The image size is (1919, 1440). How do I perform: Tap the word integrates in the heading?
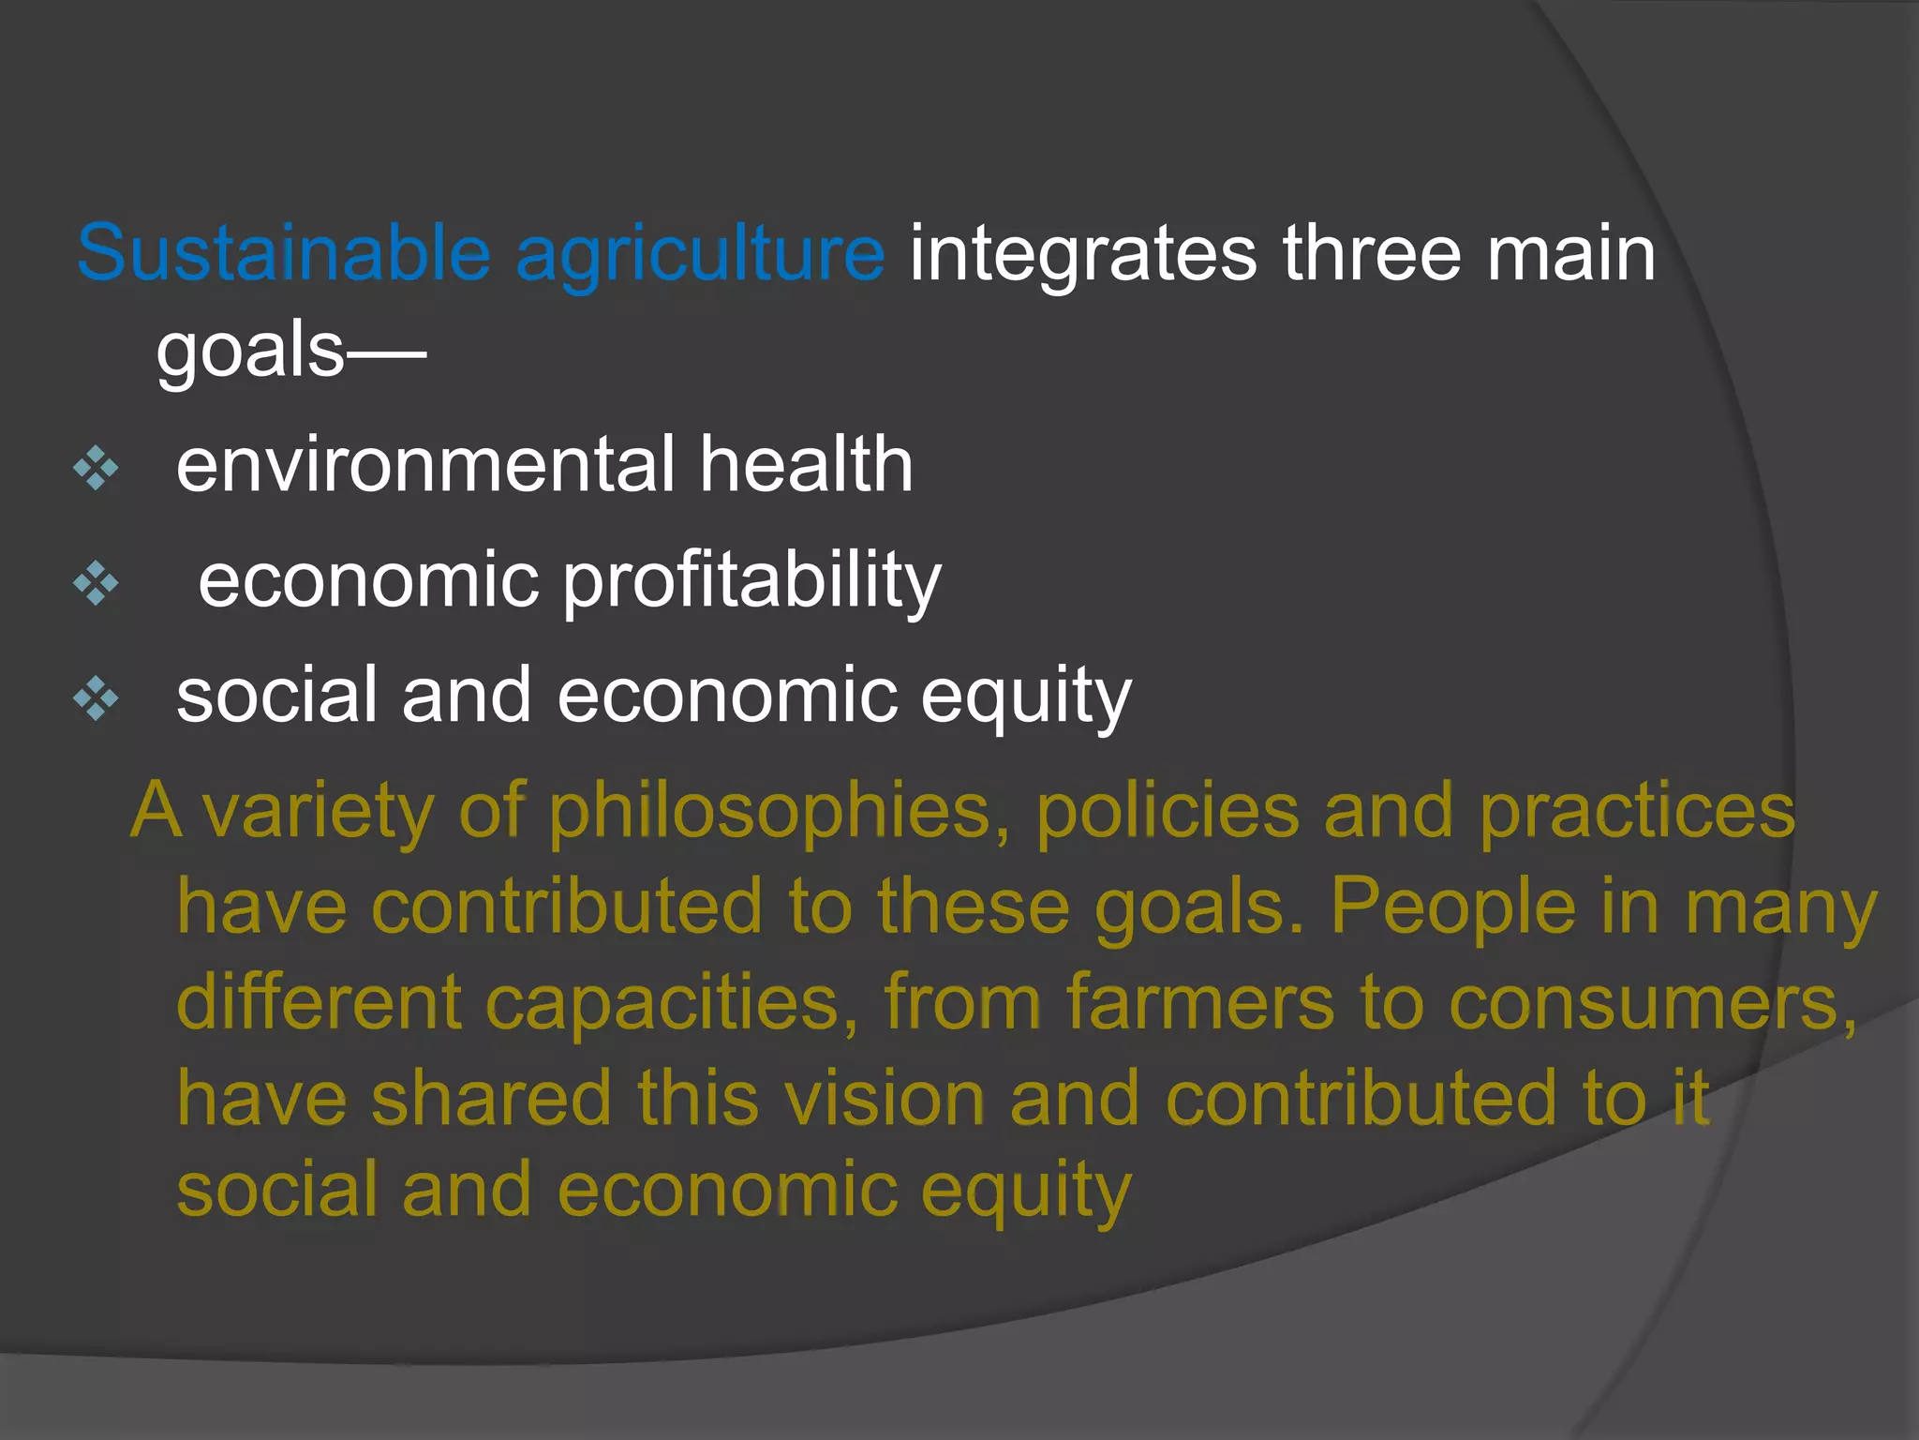click(x=1082, y=255)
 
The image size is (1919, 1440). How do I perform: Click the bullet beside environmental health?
click(x=96, y=467)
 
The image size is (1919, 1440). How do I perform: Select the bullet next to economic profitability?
click(x=96, y=583)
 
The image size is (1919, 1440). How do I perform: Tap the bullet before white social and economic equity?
click(x=96, y=698)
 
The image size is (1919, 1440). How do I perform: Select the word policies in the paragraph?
click(x=1168, y=812)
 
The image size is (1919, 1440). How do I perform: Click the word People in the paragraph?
click(x=1453, y=907)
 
